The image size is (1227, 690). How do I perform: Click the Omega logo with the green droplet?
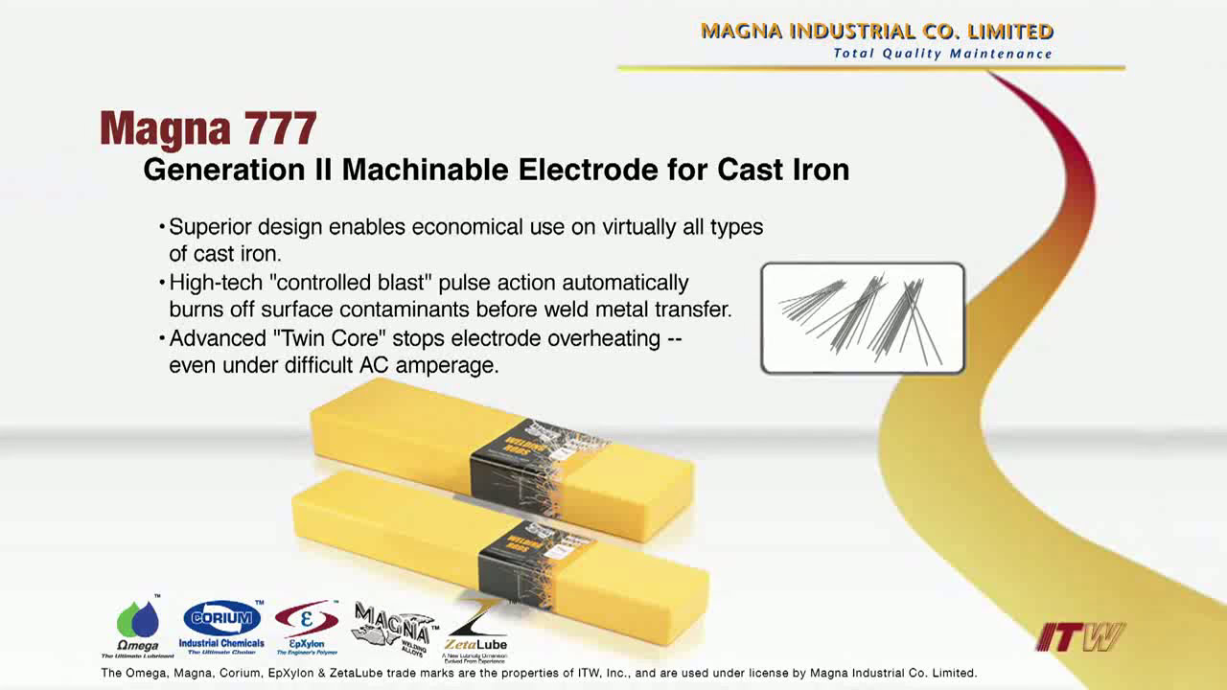pyautogui.click(x=138, y=628)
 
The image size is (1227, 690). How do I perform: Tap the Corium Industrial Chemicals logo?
pyautogui.click(x=221, y=627)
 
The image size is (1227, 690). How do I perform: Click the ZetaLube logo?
pyautogui.click(x=475, y=630)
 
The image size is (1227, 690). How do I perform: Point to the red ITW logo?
pyautogui.click(x=1079, y=637)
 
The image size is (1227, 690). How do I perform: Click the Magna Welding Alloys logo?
pyautogui.click(x=392, y=628)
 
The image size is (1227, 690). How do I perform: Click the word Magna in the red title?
pyautogui.click(x=166, y=128)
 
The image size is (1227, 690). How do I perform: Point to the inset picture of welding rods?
pyautogui.click(x=863, y=318)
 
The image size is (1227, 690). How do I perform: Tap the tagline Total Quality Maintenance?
pyautogui.click(x=942, y=54)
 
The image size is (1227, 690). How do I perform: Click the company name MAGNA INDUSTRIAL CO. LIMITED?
pyautogui.click(x=876, y=31)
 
